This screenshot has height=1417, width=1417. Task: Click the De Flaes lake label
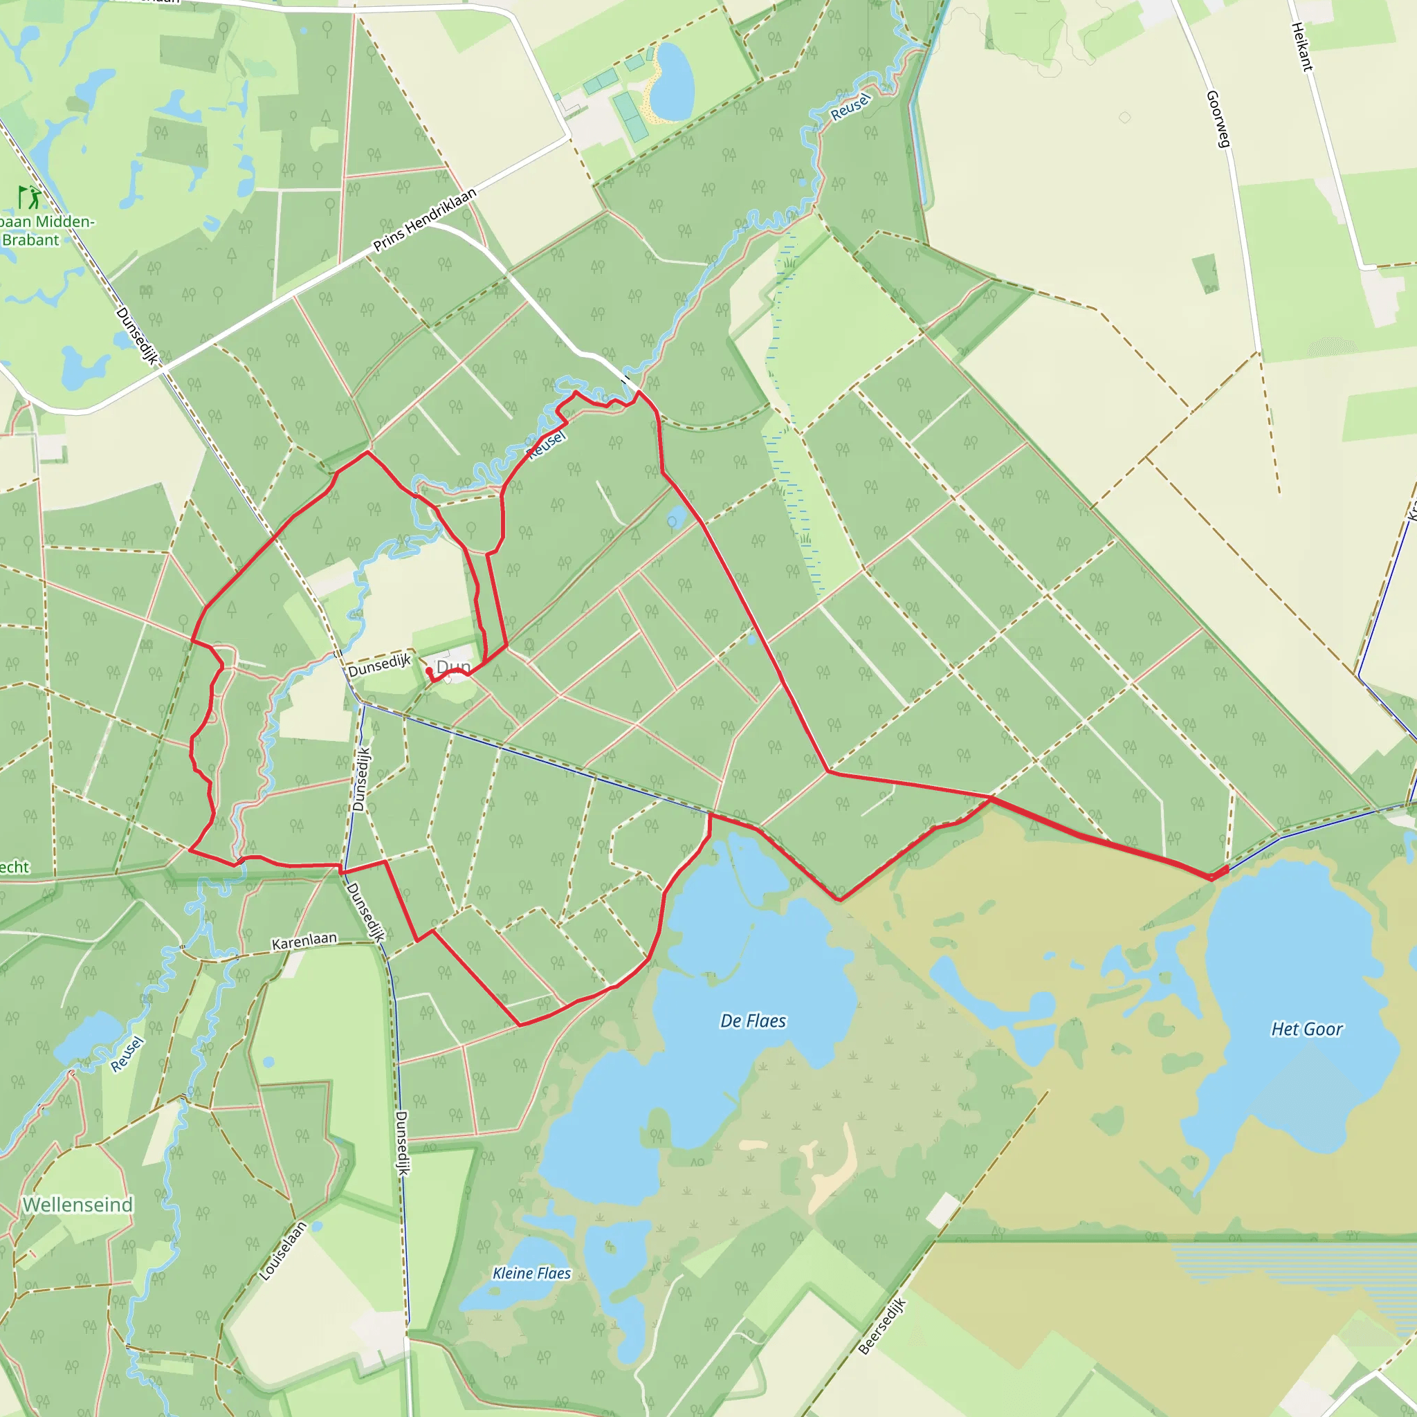coord(753,1021)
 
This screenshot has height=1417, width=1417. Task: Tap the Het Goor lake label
coord(1307,1029)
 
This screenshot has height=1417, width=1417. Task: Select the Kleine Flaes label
coord(532,1272)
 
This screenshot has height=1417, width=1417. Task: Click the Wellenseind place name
coord(77,1205)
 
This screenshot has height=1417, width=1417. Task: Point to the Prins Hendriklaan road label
coord(425,219)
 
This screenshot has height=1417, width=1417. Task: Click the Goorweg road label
coord(1218,119)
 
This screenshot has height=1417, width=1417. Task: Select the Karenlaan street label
coord(304,941)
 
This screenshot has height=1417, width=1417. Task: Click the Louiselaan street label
coord(282,1251)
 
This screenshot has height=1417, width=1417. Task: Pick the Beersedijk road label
coord(882,1326)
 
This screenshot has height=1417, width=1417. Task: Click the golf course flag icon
coord(29,196)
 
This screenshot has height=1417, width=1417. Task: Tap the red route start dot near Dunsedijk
coord(429,670)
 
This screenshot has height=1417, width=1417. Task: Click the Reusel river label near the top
coord(850,108)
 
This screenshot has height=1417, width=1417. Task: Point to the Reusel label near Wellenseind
coord(127,1054)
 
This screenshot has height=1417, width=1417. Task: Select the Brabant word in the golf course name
coord(31,240)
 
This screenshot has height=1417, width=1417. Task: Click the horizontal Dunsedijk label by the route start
coord(379,665)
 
